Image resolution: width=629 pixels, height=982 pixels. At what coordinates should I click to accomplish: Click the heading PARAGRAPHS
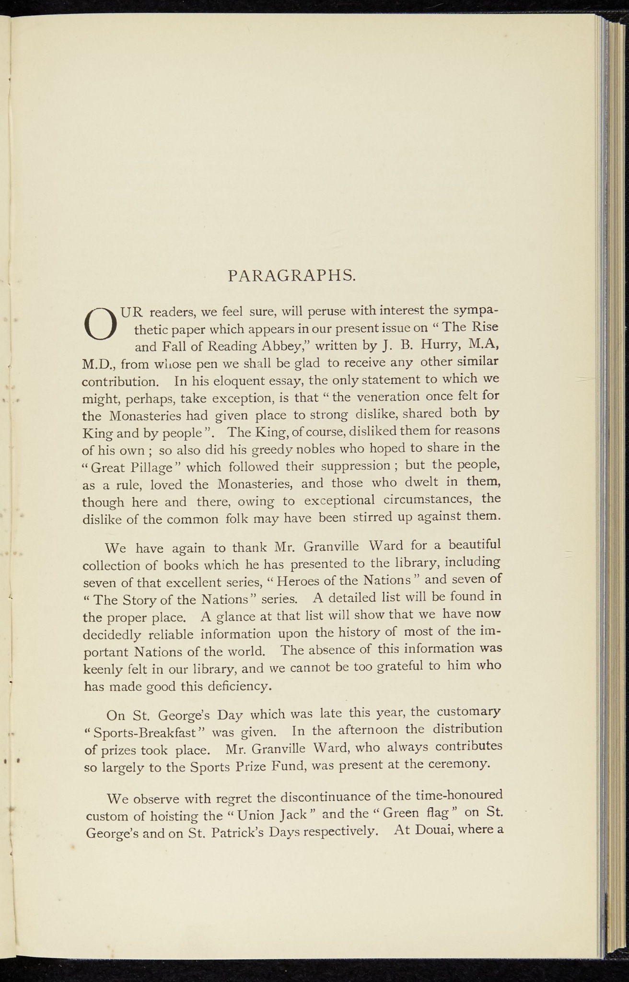(291, 276)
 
